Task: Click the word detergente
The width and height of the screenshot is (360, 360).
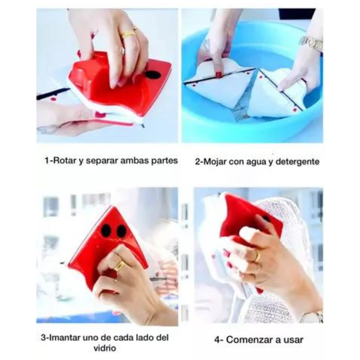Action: [x=297, y=162]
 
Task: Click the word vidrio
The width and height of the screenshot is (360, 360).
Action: [x=105, y=348]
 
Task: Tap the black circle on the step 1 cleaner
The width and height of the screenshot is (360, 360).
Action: [x=152, y=75]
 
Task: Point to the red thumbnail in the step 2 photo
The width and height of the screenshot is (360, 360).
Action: [x=218, y=74]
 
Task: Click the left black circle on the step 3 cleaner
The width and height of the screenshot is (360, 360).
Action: [x=106, y=230]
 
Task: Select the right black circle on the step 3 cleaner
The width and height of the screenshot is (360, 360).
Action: [x=121, y=231]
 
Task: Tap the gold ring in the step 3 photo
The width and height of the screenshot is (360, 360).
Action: [x=119, y=266]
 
